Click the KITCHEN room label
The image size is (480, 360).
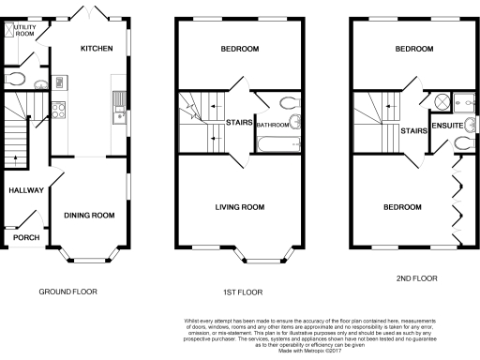point(97,49)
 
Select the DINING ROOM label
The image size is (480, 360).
point(89,216)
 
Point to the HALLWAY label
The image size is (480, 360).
point(26,190)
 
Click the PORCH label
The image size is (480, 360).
point(26,237)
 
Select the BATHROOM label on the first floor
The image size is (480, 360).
point(273,124)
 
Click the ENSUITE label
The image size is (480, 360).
point(445,123)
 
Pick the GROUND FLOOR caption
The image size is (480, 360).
point(67,292)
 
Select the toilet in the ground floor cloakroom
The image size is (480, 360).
point(14,78)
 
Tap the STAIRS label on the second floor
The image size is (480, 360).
point(414,132)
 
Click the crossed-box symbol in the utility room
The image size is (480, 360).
point(11,30)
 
